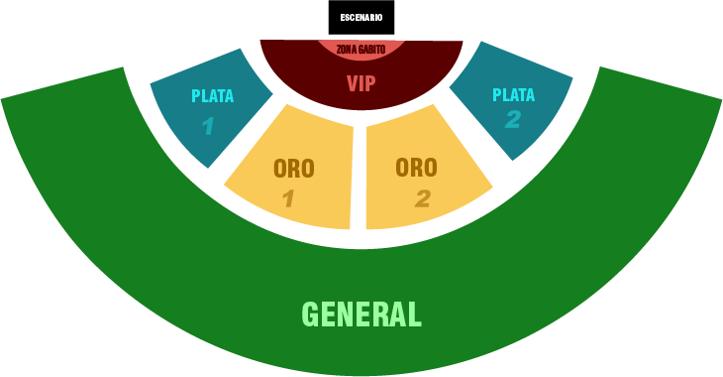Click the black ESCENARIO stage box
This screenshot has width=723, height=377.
[361, 17]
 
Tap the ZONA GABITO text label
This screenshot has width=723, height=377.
[361, 49]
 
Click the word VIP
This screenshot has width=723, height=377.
[361, 83]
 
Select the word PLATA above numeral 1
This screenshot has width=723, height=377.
[212, 96]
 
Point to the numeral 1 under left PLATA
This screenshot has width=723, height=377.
[207, 126]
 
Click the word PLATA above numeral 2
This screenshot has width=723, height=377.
[513, 95]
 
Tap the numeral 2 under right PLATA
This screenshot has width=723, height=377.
[512, 120]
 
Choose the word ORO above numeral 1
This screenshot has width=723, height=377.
[293, 169]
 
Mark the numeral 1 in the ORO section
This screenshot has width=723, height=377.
[288, 199]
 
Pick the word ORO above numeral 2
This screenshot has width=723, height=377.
[416, 168]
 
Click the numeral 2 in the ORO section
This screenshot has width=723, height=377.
[423, 199]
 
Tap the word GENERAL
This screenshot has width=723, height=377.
[361, 314]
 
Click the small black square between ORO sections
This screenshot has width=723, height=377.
[359, 198]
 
